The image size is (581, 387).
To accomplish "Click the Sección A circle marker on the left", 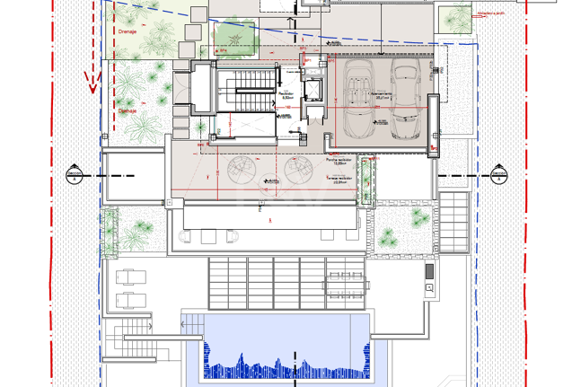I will point(75,173).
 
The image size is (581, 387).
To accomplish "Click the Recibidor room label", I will point(287,93).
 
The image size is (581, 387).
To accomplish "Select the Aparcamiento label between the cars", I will point(381,92).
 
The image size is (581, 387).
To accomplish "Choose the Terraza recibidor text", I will point(339,179).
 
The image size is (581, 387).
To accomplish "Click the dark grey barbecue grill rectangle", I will point(430,270).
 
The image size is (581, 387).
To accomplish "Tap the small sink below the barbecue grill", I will point(430,288).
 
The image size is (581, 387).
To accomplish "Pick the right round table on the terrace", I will point(298,169).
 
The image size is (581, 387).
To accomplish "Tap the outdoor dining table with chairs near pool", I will point(347,282).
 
